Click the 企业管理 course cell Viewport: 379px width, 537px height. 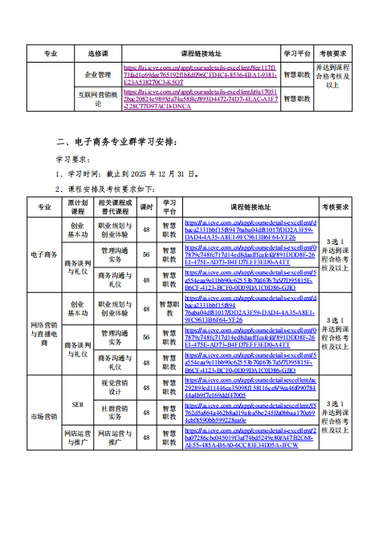pos(98,74)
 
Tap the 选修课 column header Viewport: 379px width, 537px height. pos(98,53)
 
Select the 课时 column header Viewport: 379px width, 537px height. pos(146,206)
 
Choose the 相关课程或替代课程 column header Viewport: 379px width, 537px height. pos(115,206)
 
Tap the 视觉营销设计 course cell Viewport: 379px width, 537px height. pos(115,388)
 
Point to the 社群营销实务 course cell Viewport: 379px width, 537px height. pos(115,413)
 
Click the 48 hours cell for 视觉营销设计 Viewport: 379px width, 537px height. pos(146,388)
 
